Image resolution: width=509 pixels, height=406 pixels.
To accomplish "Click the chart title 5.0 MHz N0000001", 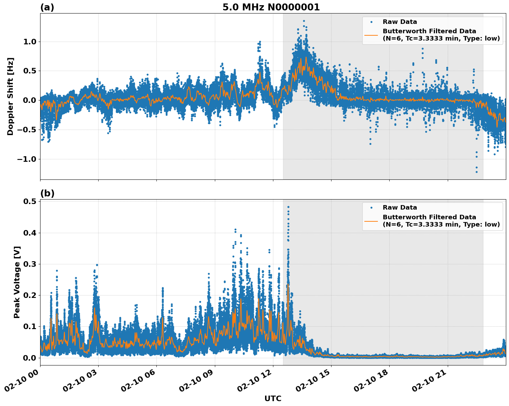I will tap(271, 7).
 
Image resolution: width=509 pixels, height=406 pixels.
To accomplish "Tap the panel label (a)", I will tap(47, 7).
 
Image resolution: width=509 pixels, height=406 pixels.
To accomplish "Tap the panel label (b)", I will tap(47, 193).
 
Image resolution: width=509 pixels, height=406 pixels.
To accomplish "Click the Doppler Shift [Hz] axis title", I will tap(10, 96).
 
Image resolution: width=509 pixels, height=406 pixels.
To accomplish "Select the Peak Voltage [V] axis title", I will tap(17, 282).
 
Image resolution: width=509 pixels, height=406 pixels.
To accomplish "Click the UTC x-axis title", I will tap(273, 398).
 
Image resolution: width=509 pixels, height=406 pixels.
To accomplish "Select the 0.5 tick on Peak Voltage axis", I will tap(30, 202).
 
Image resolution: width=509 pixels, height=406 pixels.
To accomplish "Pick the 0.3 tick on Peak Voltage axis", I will tap(30, 264).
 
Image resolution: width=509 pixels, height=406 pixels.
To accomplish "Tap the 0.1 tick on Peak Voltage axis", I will tap(30, 327).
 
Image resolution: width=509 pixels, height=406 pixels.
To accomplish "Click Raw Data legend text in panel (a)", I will tap(400, 22).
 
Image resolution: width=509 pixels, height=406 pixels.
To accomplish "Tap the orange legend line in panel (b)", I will tap(371, 221).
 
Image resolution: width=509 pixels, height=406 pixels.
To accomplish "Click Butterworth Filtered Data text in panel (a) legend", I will tap(429, 31).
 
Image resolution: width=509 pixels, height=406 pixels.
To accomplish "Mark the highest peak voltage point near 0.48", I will tap(288, 207).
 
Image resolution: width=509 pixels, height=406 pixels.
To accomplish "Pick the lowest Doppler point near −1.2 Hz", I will tap(476, 172).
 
